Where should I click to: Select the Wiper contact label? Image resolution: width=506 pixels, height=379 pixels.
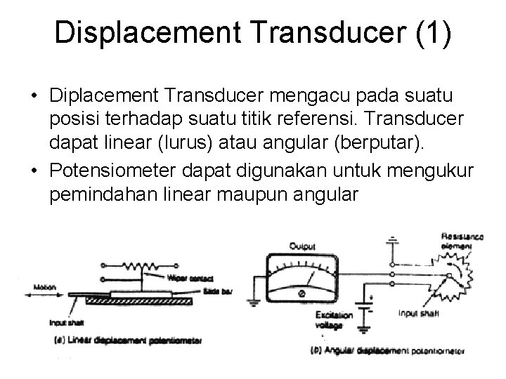click(186, 279)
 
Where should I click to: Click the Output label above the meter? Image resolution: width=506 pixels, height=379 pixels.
click(302, 246)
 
